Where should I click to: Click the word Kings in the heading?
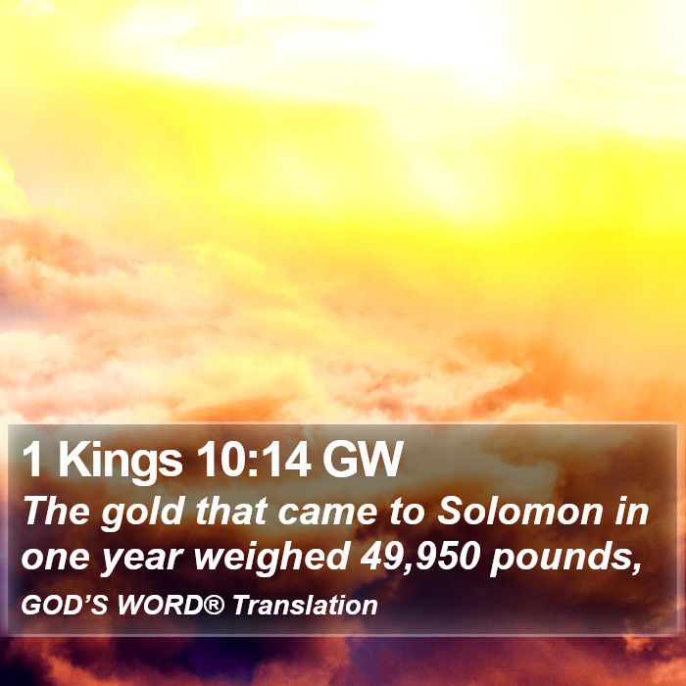(x=121, y=461)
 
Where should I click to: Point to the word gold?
(x=143, y=513)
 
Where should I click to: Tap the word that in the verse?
(x=231, y=511)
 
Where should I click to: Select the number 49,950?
(x=420, y=558)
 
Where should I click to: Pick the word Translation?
(x=305, y=606)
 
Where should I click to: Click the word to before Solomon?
(x=407, y=513)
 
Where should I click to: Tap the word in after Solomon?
(x=632, y=511)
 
